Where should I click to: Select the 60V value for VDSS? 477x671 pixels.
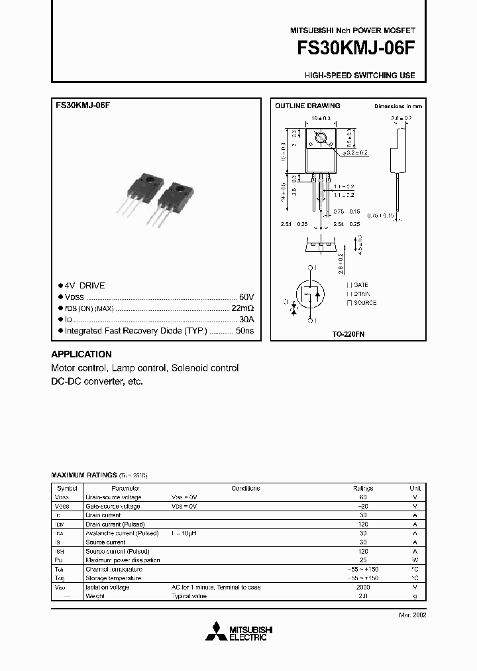click(246, 296)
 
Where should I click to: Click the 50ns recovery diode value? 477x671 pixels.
click(244, 330)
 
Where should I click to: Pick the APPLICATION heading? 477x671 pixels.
click(81, 354)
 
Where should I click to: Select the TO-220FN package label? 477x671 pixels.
click(348, 335)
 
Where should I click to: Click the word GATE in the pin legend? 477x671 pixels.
click(361, 284)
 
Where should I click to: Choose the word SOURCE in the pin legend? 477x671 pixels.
click(365, 303)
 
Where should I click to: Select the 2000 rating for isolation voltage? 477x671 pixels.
click(362, 587)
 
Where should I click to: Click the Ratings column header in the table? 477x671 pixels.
click(362, 488)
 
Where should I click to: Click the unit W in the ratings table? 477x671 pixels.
click(415, 560)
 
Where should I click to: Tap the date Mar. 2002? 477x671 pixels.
click(412, 615)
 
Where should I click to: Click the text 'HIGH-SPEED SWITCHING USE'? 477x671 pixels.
click(360, 75)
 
